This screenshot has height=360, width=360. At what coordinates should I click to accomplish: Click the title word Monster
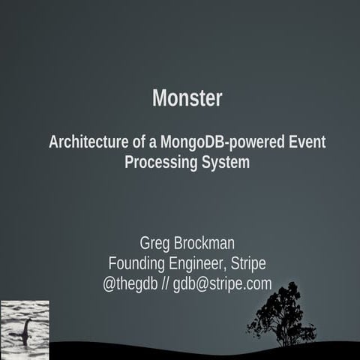click(x=187, y=98)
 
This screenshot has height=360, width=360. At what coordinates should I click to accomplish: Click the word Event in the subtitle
click(x=307, y=142)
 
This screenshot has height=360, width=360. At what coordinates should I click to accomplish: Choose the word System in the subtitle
click(x=224, y=162)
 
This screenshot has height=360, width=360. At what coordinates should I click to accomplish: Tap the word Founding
click(x=137, y=264)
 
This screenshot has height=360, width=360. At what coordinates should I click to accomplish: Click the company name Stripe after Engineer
click(x=247, y=264)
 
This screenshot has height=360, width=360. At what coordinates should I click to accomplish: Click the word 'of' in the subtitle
click(x=137, y=142)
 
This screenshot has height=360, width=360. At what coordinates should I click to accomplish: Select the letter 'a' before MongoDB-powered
click(x=151, y=142)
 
